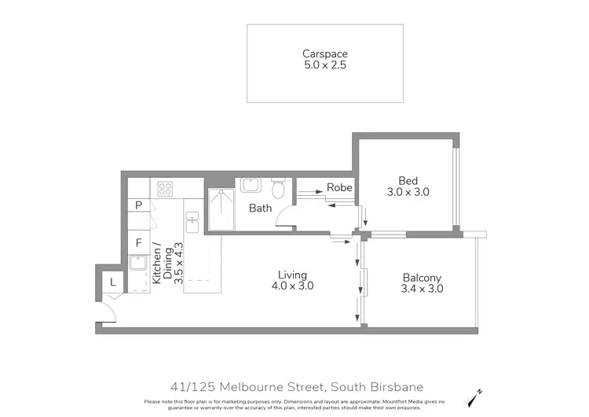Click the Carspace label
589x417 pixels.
tap(325, 54)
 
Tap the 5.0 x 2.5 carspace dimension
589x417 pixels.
tap(325, 66)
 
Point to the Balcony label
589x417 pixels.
tap(422, 278)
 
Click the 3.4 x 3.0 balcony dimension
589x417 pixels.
tap(422, 290)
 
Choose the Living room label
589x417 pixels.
tap(292, 275)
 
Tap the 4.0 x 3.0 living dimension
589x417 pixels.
tap(292, 286)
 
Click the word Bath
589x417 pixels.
tap(260, 208)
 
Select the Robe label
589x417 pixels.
tap(339, 188)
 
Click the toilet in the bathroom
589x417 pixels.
tap(277, 189)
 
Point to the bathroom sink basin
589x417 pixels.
tap(251, 186)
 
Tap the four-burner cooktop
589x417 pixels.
tap(165, 188)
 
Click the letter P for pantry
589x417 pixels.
tap(138, 205)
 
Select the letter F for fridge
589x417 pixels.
tap(138, 243)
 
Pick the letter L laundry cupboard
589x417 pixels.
tap(112, 282)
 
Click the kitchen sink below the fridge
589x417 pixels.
tap(138, 272)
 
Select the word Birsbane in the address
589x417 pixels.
tap(395, 386)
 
